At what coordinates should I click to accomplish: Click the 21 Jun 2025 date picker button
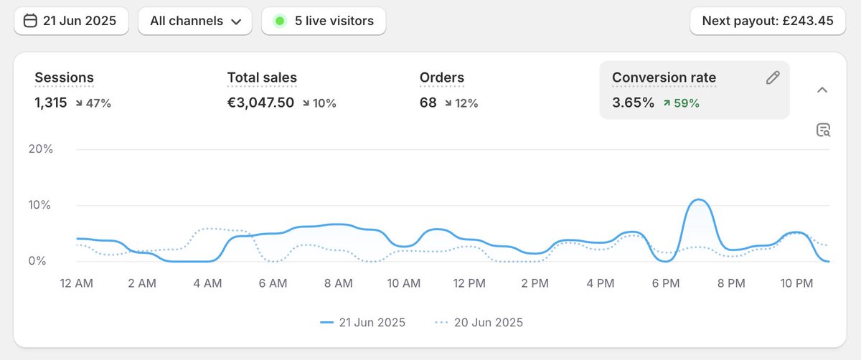pos(70,21)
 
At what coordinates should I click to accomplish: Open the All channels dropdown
pos(194,21)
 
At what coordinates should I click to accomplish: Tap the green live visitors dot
pos(280,21)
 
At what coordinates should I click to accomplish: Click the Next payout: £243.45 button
pos(768,21)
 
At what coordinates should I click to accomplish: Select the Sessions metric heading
pos(64,77)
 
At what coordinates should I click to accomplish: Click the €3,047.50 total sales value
pos(260,103)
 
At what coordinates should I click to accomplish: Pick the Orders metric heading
pos(441,77)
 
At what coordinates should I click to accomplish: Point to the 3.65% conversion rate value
pos(633,103)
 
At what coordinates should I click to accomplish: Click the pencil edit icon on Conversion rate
pos(772,78)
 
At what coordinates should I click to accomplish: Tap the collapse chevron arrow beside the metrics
pos(822,90)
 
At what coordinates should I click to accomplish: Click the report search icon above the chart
pos(823,130)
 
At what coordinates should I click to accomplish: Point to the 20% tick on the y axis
pos(40,149)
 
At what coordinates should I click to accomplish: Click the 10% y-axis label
pos(40,205)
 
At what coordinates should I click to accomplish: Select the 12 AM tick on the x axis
pos(76,284)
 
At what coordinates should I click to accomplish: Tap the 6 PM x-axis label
pos(665,284)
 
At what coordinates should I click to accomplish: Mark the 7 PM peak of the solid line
pos(698,199)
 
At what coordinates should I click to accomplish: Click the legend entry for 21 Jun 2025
pos(363,323)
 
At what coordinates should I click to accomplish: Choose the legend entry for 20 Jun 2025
pos(479,323)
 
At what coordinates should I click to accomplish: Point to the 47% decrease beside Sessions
pos(93,103)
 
